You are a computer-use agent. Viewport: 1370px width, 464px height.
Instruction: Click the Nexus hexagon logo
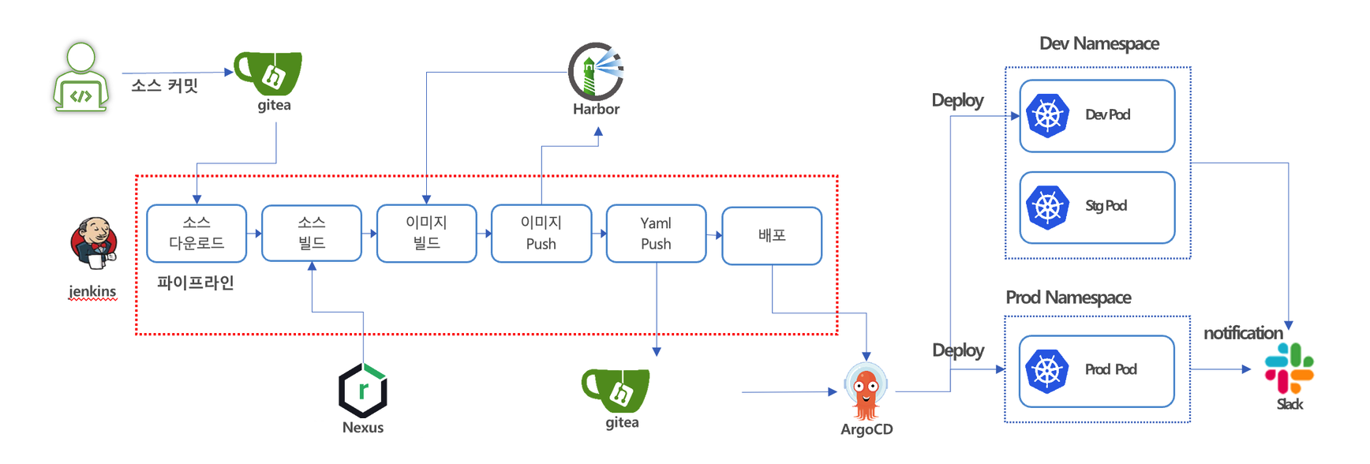click(363, 390)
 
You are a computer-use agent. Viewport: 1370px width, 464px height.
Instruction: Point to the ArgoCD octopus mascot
click(866, 392)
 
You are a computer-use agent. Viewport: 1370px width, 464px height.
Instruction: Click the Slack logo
click(1289, 369)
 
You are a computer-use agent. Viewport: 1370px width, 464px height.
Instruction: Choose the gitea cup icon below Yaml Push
click(617, 390)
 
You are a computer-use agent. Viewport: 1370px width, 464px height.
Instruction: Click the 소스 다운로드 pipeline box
click(197, 234)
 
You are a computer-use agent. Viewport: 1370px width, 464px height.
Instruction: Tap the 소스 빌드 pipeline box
click(312, 234)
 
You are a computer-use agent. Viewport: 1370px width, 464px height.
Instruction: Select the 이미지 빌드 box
click(426, 234)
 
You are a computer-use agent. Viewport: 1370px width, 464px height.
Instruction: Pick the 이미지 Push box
click(541, 234)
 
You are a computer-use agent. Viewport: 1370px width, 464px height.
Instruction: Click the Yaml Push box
click(656, 234)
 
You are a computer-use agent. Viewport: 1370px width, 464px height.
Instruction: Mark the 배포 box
click(772, 235)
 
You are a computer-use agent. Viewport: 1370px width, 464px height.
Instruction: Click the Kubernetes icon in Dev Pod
click(1047, 116)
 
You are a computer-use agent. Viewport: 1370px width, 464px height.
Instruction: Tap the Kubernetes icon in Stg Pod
click(1047, 208)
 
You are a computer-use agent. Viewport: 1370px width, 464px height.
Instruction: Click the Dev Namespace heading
click(1099, 43)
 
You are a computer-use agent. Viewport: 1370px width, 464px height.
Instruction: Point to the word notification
click(1242, 333)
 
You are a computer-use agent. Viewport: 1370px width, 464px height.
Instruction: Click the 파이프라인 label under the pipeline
click(195, 283)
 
